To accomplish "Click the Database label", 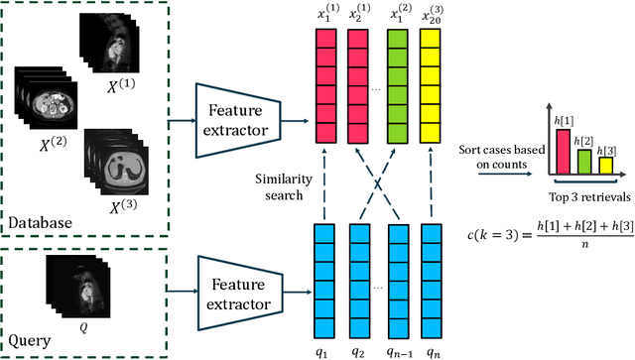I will (x=41, y=223).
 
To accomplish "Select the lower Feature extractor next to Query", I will (x=239, y=294).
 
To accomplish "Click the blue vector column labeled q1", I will (x=326, y=281).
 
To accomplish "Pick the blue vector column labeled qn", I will (x=431, y=281).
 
